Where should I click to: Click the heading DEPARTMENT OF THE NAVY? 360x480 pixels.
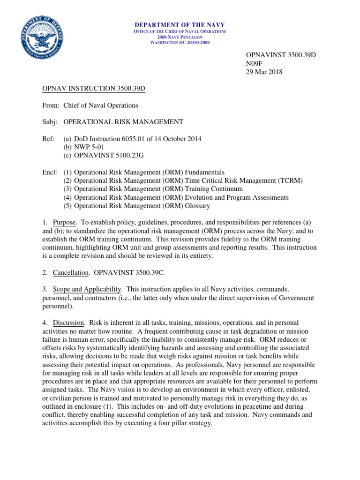tap(180, 25)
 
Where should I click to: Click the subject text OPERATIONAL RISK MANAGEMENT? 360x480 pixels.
tap(123, 122)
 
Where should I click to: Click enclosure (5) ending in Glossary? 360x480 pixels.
tap(136, 205)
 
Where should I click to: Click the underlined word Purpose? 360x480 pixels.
tap(63, 222)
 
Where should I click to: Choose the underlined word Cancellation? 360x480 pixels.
tap(70, 272)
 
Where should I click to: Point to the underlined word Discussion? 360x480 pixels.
tap(68, 323)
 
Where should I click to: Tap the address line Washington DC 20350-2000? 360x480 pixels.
tap(180, 43)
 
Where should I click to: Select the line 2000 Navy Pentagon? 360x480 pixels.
tap(180, 37)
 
